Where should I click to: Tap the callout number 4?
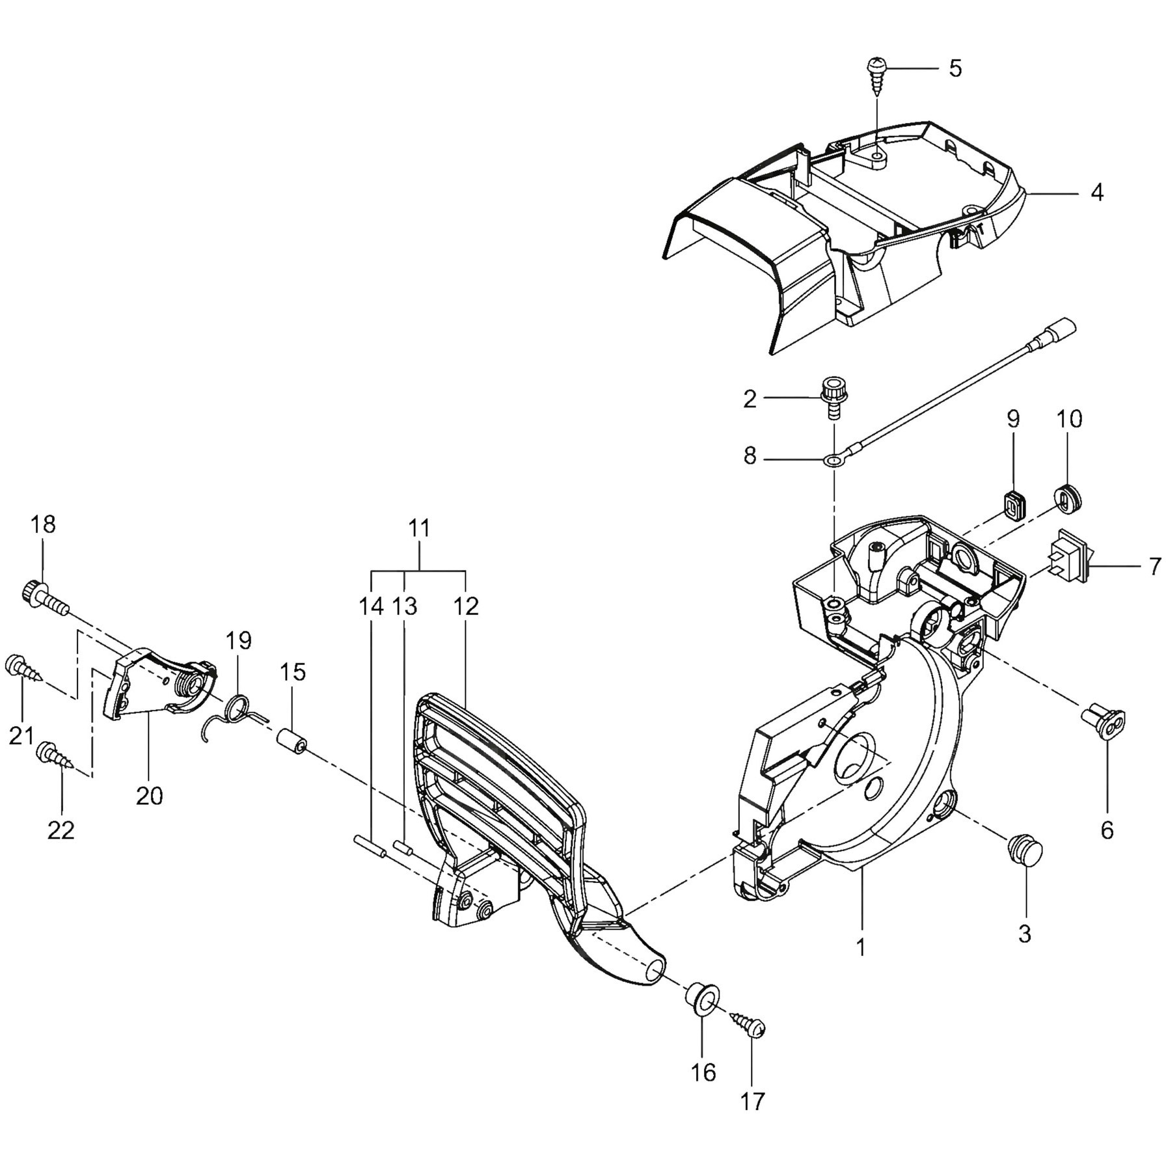1097,193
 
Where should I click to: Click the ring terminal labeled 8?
832,461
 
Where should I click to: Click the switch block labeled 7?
1068,562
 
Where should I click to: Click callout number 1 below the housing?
861,948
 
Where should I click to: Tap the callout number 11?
420,528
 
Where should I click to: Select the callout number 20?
149,795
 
